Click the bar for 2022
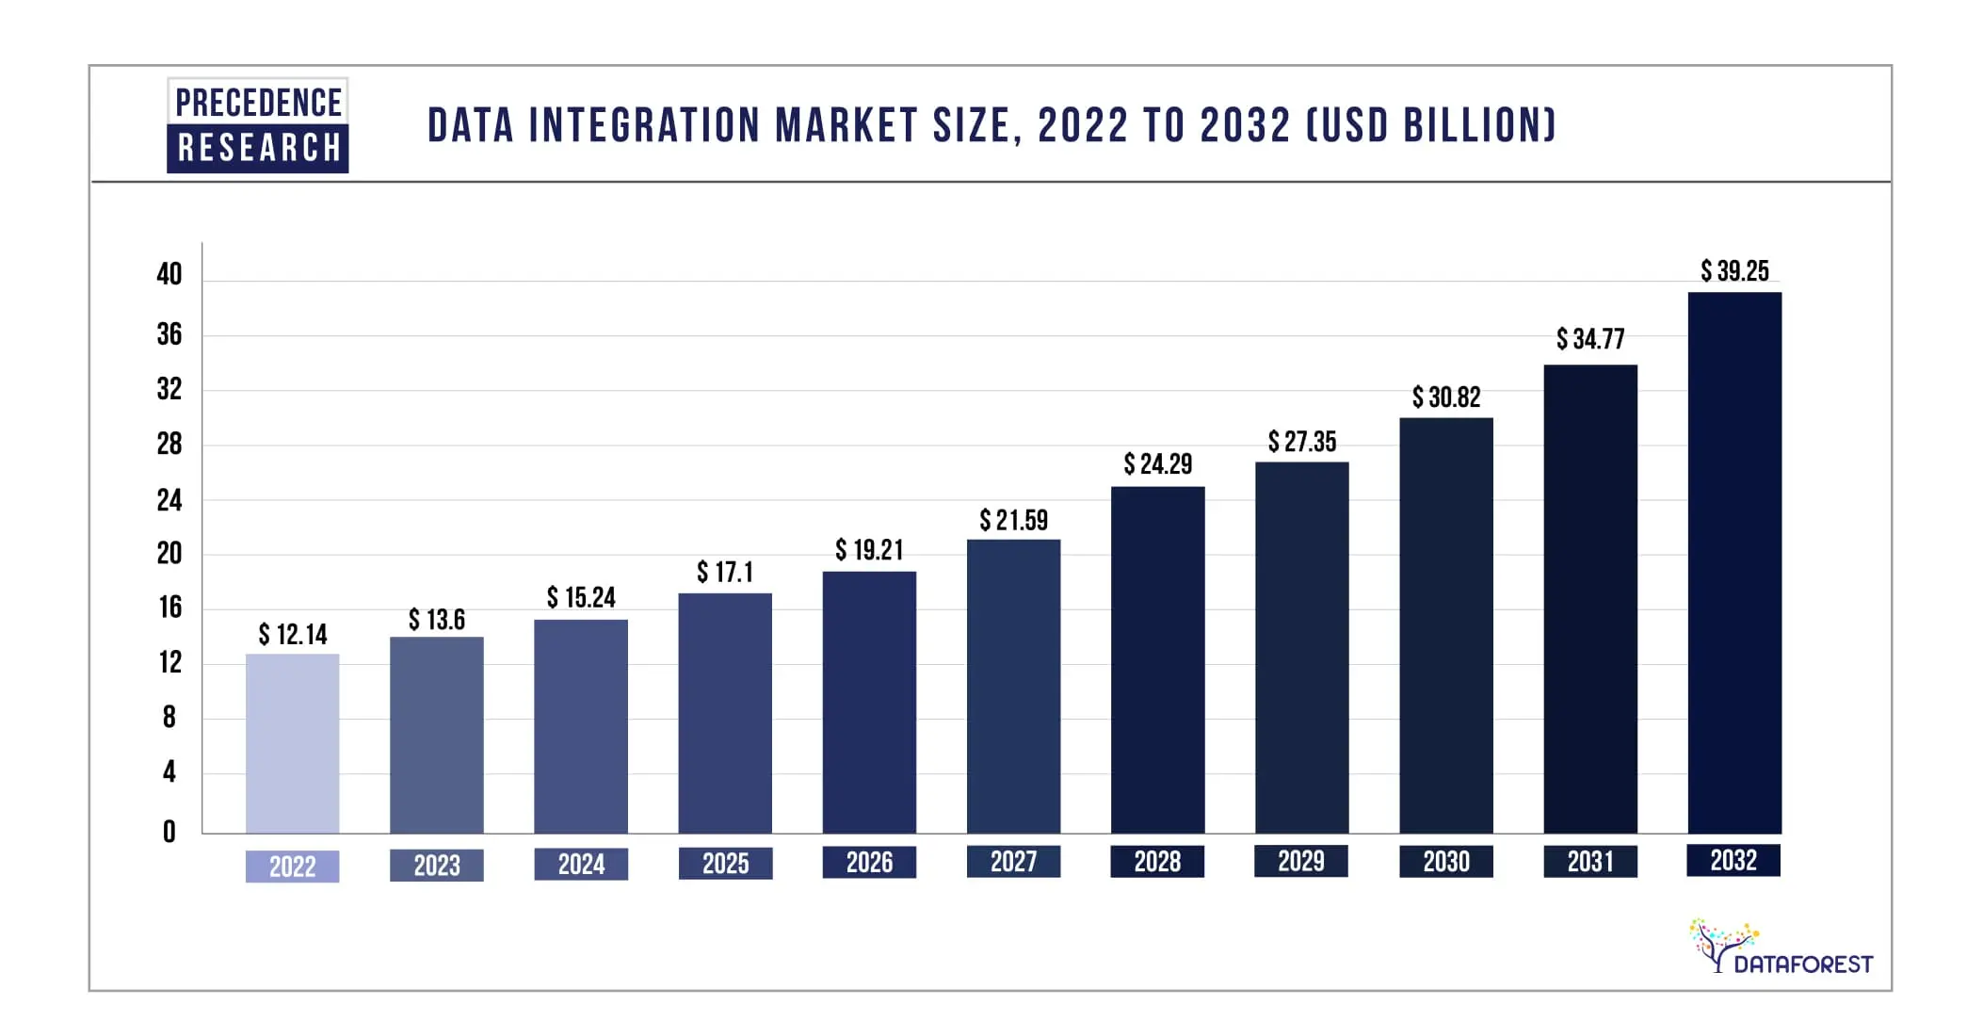click(x=292, y=743)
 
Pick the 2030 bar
click(x=1445, y=625)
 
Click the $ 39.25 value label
click(x=1734, y=271)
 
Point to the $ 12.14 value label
click(x=293, y=635)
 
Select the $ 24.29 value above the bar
click(x=1157, y=464)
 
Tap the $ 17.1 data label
click(x=724, y=573)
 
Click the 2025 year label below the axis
click(x=725, y=864)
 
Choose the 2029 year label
click(x=1300, y=861)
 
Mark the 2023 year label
click(x=437, y=866)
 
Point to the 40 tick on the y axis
click(x=169, y=274)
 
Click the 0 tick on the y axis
click(x=169, y=832)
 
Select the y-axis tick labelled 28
click(x=169, y=444)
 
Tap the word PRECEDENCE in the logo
click(x=258, y=102)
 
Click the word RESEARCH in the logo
click(x=258, y=148)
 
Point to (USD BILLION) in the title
click(x=1430, y=125)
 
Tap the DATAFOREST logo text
click(x=1802, y=964)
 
